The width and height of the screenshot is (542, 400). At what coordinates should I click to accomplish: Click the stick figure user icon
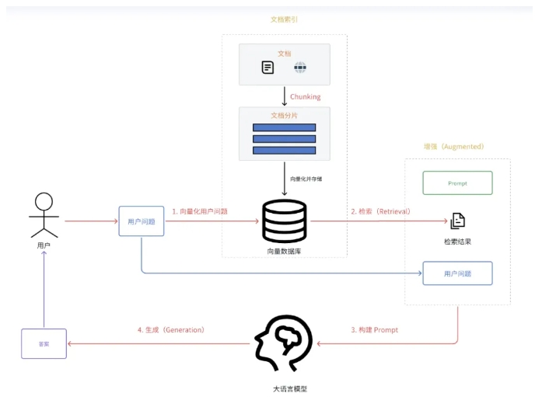point(44,214)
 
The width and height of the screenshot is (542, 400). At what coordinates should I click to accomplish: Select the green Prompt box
point(457,183)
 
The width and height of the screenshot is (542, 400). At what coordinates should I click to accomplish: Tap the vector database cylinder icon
point(284,221)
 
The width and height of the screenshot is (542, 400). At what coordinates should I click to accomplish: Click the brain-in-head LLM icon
point(284,343)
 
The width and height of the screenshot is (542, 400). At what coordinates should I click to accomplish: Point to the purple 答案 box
point(44,343)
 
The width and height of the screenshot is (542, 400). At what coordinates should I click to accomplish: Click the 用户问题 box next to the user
point(142,221)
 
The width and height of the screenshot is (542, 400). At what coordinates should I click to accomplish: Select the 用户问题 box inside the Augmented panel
point(457,273)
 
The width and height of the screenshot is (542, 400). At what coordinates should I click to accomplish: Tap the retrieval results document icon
point(457,221)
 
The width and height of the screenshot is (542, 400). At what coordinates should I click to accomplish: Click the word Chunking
point(305,97)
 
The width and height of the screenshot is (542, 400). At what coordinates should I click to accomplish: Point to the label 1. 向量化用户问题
point(200,211)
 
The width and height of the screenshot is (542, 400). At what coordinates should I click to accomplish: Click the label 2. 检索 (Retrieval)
point(380,211)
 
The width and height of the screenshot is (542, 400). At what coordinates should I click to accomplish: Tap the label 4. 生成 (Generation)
point(171,330)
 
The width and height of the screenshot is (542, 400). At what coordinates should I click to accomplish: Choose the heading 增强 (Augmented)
point(453,146)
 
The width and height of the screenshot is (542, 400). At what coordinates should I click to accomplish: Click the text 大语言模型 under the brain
point(285,388)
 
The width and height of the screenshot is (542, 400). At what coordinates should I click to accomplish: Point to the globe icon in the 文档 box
point(300,68)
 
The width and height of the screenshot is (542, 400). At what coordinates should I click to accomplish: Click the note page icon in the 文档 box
point(268,68)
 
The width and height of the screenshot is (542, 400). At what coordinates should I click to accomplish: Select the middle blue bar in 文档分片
point(284,139)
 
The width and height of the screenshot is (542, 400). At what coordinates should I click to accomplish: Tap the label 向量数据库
point(284,251)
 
